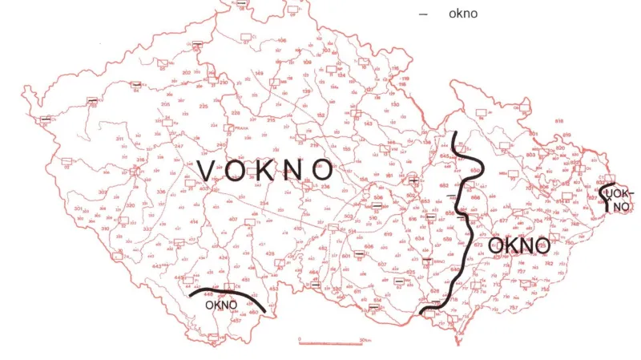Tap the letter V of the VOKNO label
[x=206, y=171]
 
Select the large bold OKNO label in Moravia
[x=518, y=245]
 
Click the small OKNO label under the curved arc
[x=221, y=305]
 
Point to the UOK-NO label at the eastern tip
[x=620, y=200]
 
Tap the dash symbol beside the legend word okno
[x=423, y=14]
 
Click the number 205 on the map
[x=166, y=104]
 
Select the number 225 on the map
[x=204, y=106]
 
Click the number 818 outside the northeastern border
[x=559, y=120]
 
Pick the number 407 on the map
[x=233, y=219]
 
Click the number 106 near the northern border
[x=281, y=40]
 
